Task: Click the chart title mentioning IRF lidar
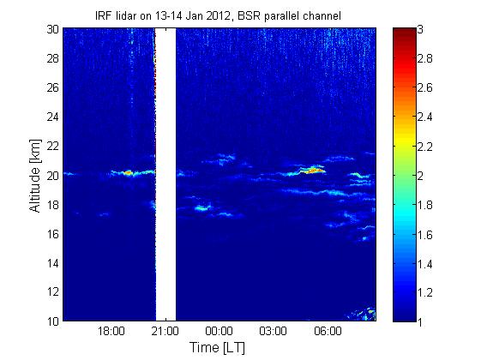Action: click(x=218, y=15)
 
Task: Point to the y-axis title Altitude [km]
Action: click(x=35, y=176)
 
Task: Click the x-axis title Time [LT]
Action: click(x=218, y=347)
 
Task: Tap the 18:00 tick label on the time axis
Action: click(x=111, y=331)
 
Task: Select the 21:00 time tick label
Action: click(x=165, y=331)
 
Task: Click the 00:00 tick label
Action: click(x=219, y=331)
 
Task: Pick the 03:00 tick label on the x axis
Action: click(x=273, y=331)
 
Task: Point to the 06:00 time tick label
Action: click(x=328, y=331)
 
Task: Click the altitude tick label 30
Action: click(x=53, y=29)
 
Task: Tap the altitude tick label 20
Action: click(x=53, y=176)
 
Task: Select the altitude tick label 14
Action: click(x=53, y=263)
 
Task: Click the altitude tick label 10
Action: click(x=53, y=321)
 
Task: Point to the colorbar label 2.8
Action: click(x=424, y=58)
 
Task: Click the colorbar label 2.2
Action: click(x=424, y=147)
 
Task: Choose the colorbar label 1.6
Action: click(x=424, y=235)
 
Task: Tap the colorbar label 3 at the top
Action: click(x=420, y=29)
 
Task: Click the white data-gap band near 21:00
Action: click(x=165, y=175)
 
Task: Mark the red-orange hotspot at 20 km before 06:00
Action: click(x=314, y=171)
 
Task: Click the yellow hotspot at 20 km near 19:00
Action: click(x=129, y=172)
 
